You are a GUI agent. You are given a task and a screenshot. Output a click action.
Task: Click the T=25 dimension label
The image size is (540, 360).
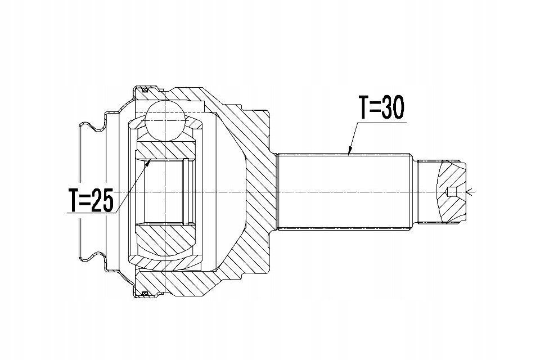[x=91, y=200]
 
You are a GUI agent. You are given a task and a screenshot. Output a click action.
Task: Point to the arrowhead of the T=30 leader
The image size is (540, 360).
[x=350, y=150]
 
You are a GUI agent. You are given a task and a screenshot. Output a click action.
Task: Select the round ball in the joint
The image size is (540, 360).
[x=165, y=121]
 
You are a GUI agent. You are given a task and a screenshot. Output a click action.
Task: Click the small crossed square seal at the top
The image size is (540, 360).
[x=145, y=90]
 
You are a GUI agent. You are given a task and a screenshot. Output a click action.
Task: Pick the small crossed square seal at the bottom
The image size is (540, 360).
[x=145, y=294]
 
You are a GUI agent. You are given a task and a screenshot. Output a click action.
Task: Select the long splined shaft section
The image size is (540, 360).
[x=345, y=192]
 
